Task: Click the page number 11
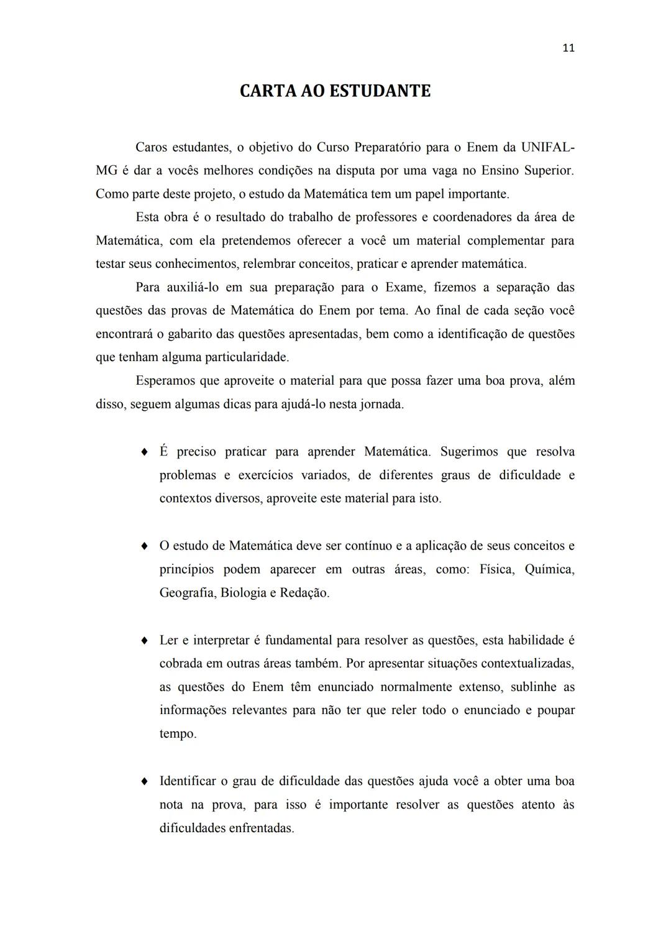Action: tap(568, 48)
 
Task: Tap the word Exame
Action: tap(404, 287)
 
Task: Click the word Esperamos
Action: tap(165, 380)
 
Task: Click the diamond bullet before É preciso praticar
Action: tap(144, 452)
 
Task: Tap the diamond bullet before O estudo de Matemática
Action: tap(144, 546)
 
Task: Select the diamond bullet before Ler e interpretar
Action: tap(144, 640)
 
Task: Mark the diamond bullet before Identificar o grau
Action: tap(144, 781)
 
